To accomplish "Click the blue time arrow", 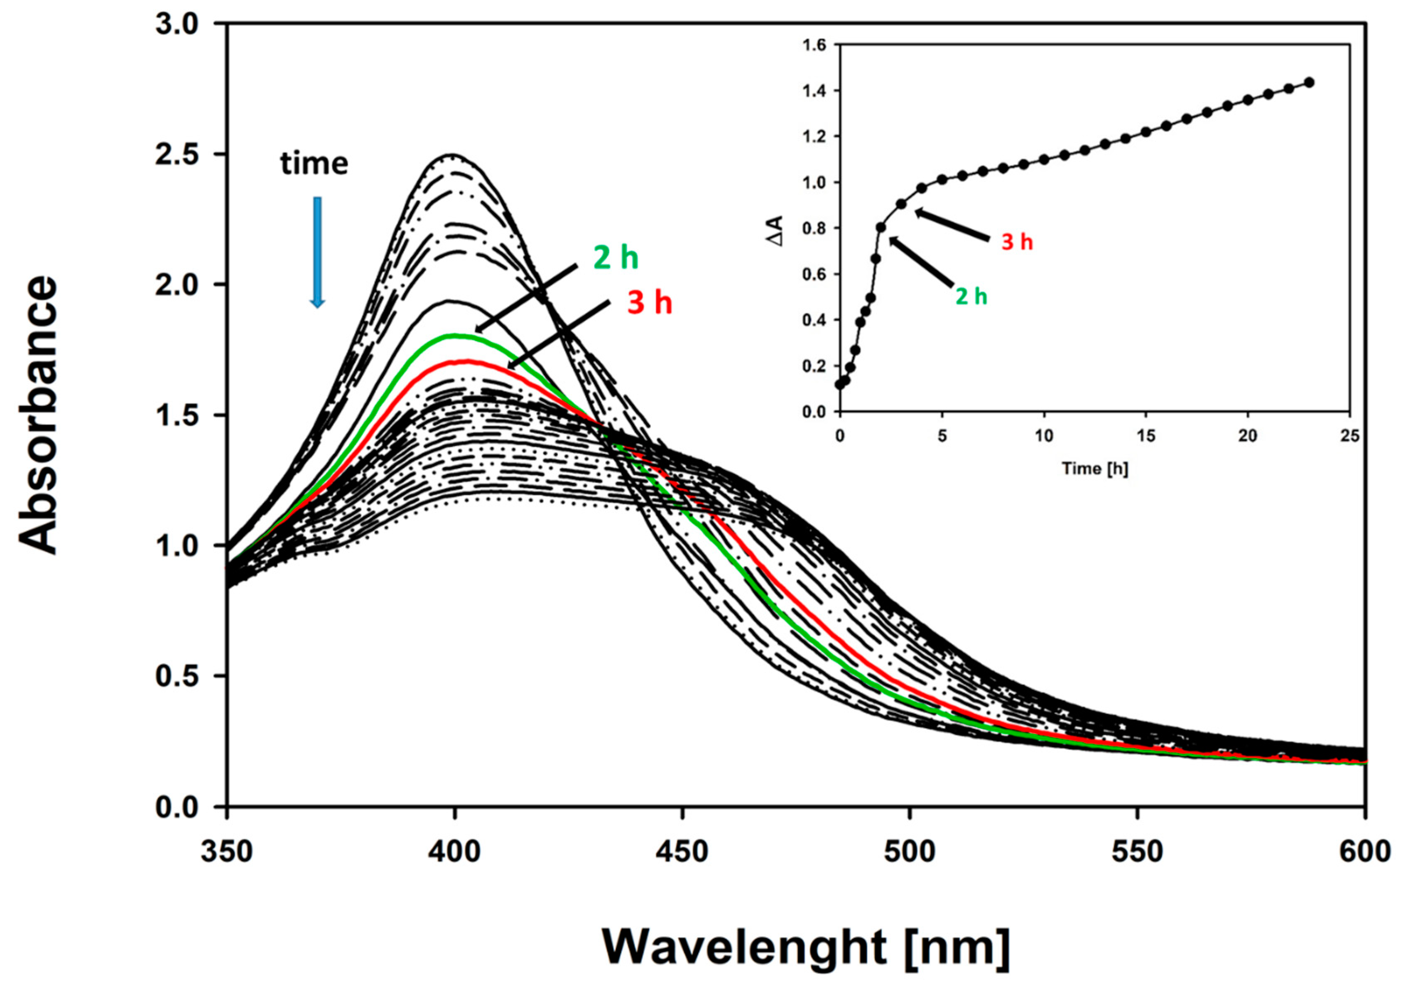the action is click(317, 252).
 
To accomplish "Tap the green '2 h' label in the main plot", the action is click(616, 258).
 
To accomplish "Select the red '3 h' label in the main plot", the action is click(650, 303).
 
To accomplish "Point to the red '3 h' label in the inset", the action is click(1017, 242).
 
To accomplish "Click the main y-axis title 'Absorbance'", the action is click(39, 415).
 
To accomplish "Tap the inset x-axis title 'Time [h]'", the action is click(1096, 469).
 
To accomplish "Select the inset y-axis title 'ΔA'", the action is click(776, 231).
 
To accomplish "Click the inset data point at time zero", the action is click(839, 385).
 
